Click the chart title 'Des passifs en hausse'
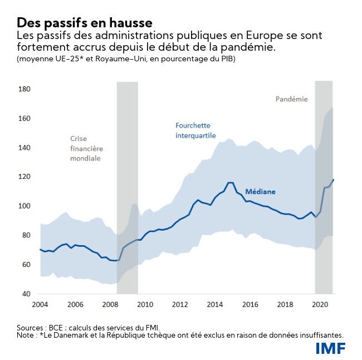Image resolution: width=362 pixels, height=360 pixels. (x=84, y=23)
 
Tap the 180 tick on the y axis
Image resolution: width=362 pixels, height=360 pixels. (x=24, y=89)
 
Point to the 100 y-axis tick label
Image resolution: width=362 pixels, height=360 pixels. (x=24, y=206)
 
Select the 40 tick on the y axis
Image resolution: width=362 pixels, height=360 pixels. (x=26, y=294)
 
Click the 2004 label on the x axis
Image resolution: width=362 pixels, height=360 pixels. (x=40, y=305)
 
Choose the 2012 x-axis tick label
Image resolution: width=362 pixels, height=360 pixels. (x=180, y=305)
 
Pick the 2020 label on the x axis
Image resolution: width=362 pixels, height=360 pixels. (x=320, y=305)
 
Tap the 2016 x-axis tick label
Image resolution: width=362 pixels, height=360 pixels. (x=250, y=305)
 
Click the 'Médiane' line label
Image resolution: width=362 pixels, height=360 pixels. (x=260, y=192)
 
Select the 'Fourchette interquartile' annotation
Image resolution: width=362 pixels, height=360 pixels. (x=195, y=130)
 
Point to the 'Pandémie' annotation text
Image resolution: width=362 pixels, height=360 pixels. (x=291, y=99)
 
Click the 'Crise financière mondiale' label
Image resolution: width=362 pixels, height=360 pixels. (x=86, y=148)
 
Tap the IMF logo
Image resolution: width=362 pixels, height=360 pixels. (x=330, y=348)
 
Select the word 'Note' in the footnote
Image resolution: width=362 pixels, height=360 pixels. (x=26, y=335)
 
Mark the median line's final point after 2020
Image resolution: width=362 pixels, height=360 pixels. (x=333, y=179)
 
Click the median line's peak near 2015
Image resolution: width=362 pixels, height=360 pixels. (x=229, y=182)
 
